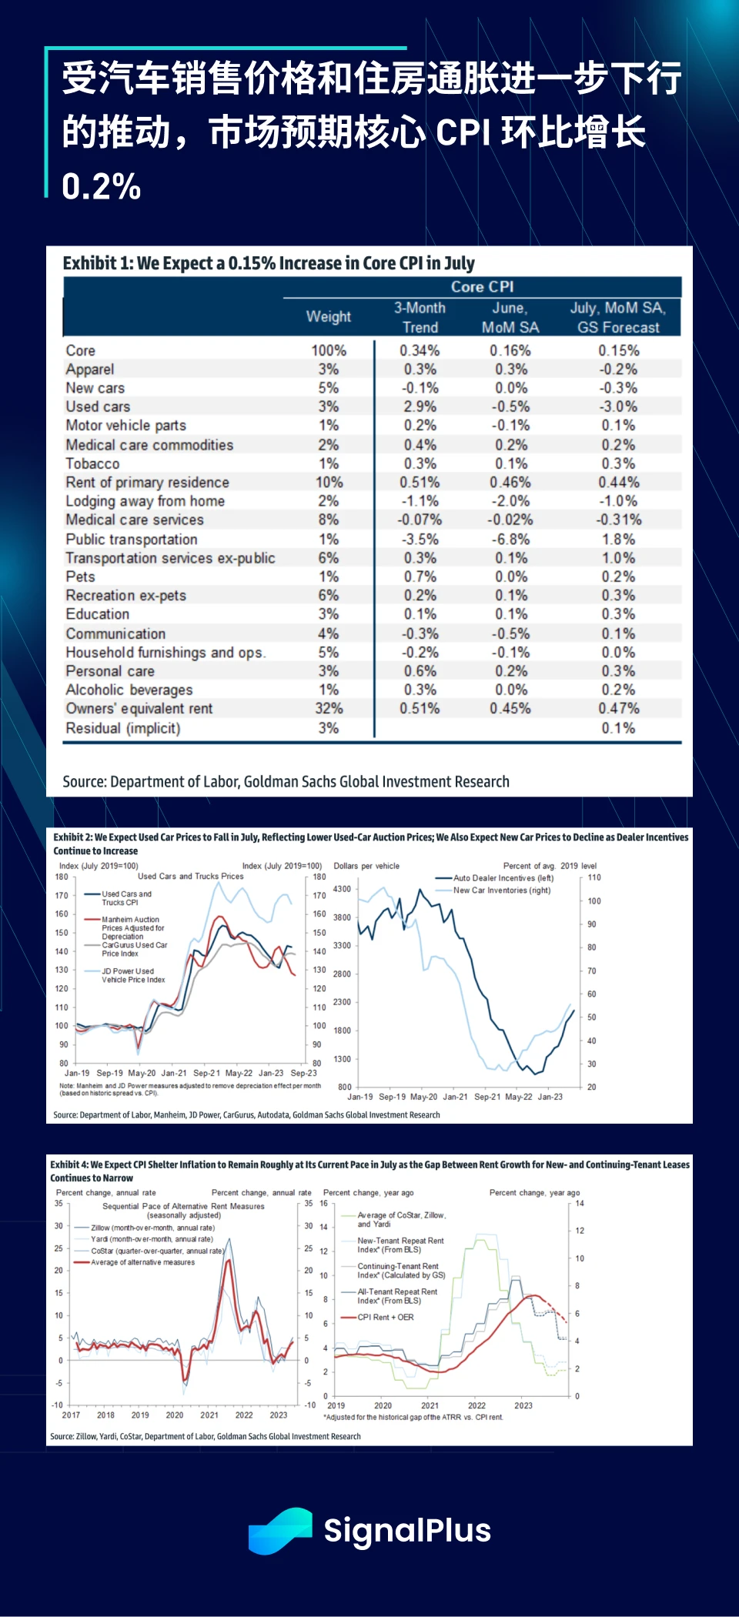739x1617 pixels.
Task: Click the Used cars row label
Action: [98, 406]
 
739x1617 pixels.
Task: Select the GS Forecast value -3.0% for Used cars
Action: [618, 406]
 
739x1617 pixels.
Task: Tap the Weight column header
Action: [329, 316]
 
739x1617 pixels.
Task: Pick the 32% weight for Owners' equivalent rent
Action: [329, 708]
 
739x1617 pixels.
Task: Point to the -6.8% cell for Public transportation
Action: [510, 539]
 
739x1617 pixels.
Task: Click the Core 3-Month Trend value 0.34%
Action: [420, 350]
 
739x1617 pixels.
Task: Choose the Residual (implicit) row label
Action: [123, 728]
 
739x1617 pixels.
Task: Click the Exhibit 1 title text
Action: [269, 263]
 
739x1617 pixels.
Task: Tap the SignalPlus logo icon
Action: [280, 1531]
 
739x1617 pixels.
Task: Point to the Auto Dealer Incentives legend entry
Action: [503, 877]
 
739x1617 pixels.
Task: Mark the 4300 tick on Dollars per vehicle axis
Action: [342, 889]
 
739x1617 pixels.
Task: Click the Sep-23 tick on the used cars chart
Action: [303, 1073]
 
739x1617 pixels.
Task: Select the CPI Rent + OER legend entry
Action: [385, 1317]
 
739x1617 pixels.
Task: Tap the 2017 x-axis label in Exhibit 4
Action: [71, 1415]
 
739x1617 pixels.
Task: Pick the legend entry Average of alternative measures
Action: [142, 1262]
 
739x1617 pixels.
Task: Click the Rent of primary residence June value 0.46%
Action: [510, 482]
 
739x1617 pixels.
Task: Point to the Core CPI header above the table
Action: [482, 286]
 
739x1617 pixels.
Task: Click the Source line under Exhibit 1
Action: [286, 781]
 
